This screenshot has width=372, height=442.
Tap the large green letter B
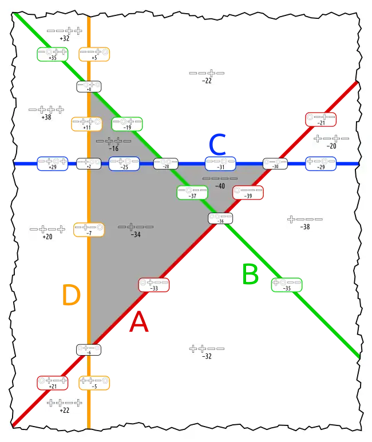[x=251, y=275]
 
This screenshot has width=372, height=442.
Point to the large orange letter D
[x=71, y=296]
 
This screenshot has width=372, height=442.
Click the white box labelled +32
[x=64, y=34]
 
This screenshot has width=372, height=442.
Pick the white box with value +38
[x=46, y=112]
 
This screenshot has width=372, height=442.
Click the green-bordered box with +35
[x=52, y=54]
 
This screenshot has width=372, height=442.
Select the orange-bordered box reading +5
[x=94, y=54]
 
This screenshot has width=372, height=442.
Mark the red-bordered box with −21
[x=320, y=120]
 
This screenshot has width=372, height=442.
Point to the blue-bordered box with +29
[x=53, y=164]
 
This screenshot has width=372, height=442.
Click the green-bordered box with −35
[x=287, y=285]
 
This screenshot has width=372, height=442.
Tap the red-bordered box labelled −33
[x=153, y=285]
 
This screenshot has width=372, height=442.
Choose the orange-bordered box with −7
[x=89, y=230]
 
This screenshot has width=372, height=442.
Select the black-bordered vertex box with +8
[x=89, y=86]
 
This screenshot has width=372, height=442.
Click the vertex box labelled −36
[x=220, y=218]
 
